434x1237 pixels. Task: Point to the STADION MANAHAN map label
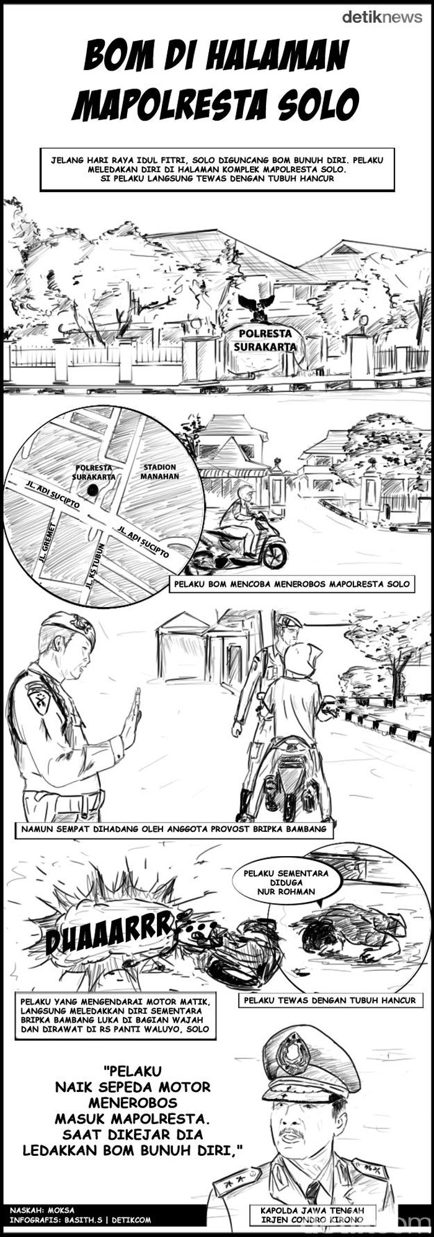click(x=161, y=471)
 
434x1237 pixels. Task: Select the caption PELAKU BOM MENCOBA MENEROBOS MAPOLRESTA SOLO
click(x=291, y=584)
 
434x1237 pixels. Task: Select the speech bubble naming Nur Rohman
click(x=287, y=883)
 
